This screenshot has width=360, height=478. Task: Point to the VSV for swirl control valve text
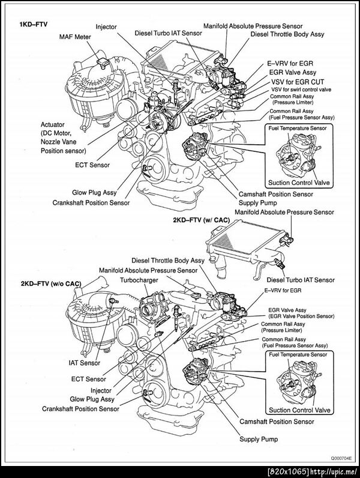[299, 89]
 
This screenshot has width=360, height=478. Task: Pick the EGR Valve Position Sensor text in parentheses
[300, 316]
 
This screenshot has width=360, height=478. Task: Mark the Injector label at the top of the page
[107, 26]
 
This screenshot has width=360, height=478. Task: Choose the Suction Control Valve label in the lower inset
[299, 410]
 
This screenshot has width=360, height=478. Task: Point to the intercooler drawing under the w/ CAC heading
[246, 247]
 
